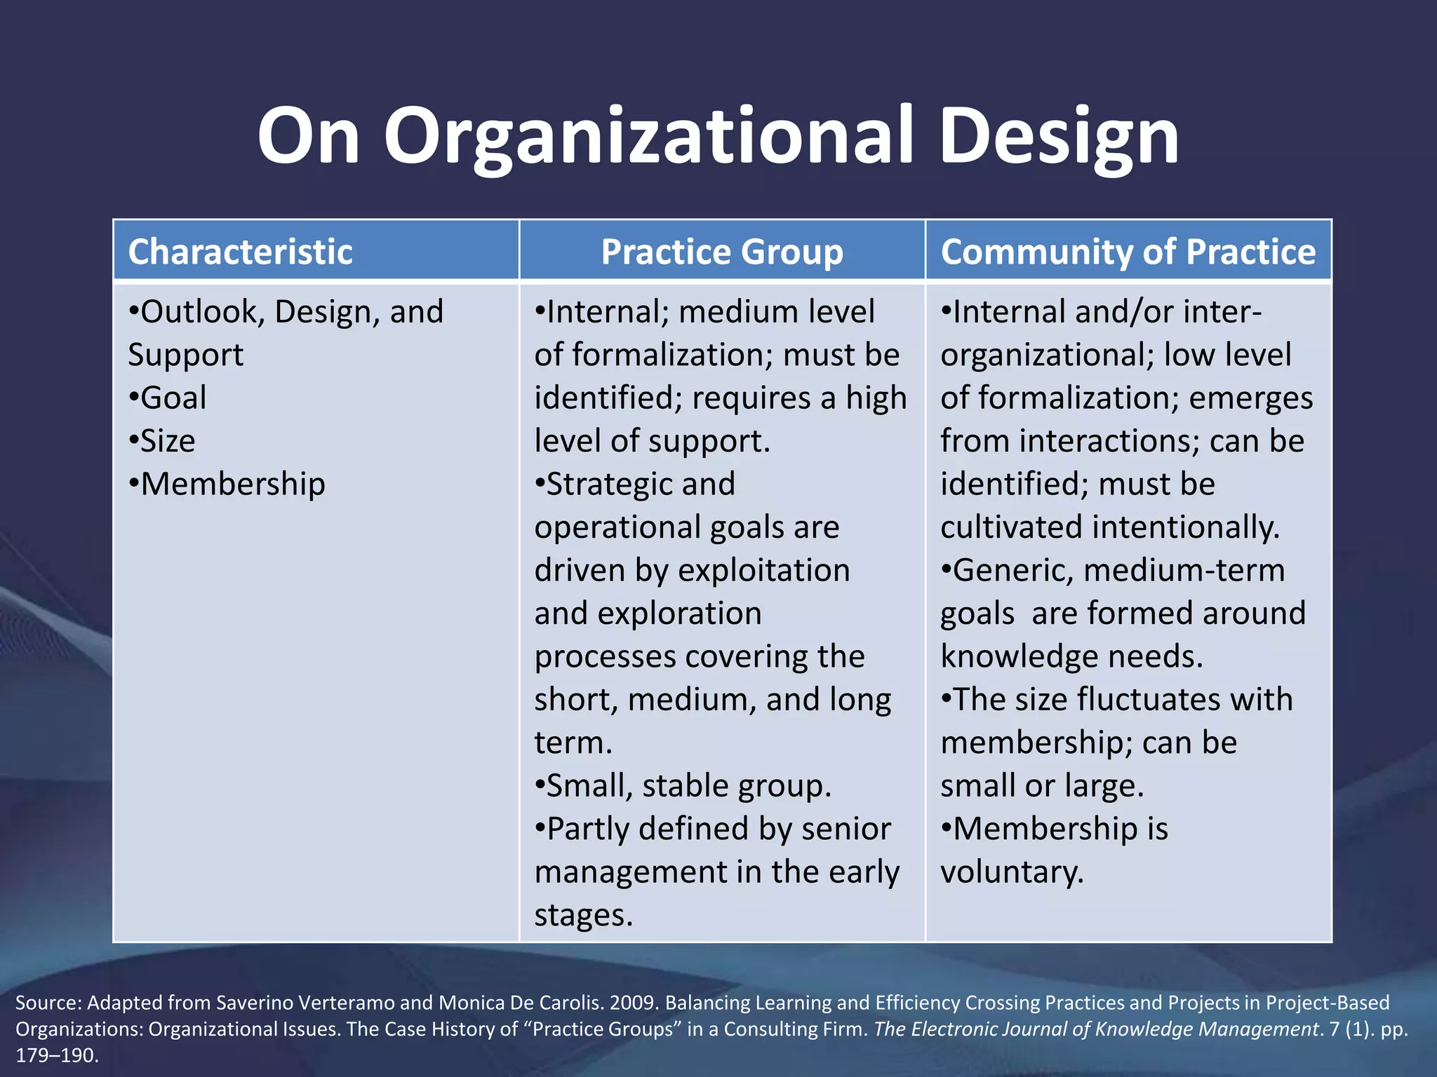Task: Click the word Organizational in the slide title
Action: [x=649, y=137]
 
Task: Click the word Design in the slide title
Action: [x=1060, y=137]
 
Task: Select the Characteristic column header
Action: [x=240, y=252]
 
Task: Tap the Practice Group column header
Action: [x=722, y=252]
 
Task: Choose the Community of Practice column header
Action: [x=1128, y=252]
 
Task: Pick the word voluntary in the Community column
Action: [x=1012, y=872]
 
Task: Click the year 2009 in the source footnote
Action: [x=634, y=1003]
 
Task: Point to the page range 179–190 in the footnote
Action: [x=56, y=1055]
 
